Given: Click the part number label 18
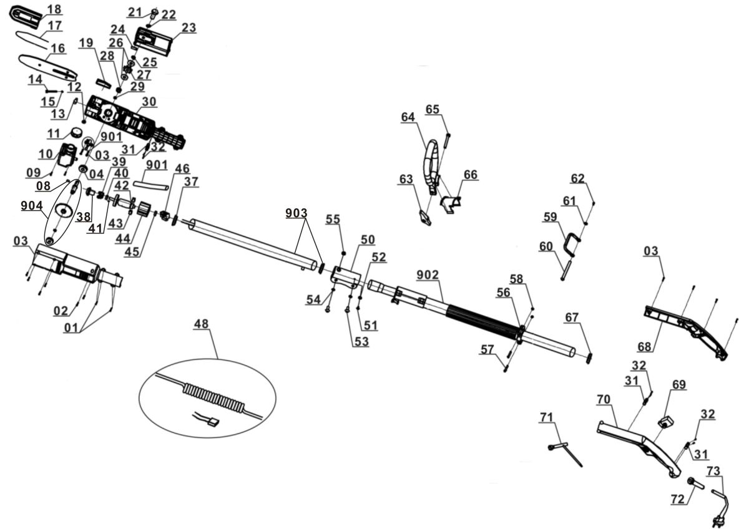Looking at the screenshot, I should (54, 9).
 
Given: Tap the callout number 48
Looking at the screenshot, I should (201, 325).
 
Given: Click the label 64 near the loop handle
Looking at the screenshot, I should (408, 117).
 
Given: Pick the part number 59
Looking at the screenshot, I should (550, 218).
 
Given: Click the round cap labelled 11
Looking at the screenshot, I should (77, 132).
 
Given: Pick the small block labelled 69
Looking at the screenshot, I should (667, 423).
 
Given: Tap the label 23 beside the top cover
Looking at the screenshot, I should (188, 28).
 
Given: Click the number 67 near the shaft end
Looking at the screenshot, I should (571, 318).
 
